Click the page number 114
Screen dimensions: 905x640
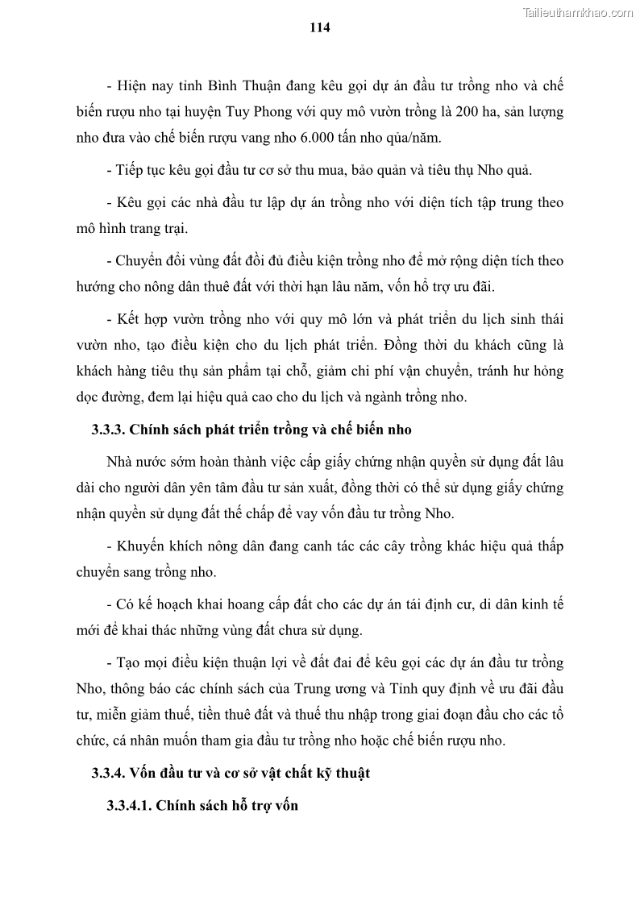(320, 27)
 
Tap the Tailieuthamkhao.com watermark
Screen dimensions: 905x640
(578, 12)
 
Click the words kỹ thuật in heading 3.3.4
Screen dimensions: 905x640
(342, 774)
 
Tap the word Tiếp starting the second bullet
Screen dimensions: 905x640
(135, 170)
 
